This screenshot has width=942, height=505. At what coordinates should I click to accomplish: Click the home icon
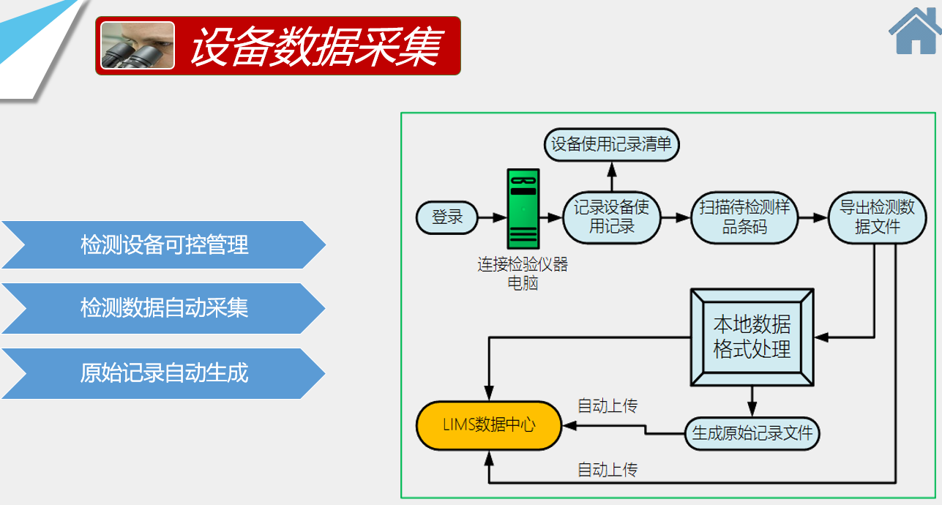pos(916,31)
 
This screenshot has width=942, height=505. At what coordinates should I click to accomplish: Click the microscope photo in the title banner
pos(138,45)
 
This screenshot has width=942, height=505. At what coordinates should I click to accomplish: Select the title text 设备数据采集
pos(316,46)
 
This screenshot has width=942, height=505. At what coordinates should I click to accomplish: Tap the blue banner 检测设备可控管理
pos(163,244)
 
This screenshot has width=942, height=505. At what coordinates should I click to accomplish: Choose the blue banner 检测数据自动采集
pos(163,308)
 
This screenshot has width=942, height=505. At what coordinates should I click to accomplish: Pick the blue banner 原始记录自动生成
pos(163,373)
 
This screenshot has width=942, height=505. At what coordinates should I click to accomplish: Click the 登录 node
pos(447,217)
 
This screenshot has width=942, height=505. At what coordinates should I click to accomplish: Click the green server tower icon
pos(523,209)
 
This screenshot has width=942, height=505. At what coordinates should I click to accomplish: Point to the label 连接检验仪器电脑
pos(523,273)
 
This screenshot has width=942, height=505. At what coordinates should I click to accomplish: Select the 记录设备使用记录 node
pos(612,217)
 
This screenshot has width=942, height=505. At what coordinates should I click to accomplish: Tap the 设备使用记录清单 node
pos(611,145)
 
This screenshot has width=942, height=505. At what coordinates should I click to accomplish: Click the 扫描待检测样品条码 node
pos(744,217)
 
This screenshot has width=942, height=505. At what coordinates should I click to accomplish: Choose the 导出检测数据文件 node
pos(878,217)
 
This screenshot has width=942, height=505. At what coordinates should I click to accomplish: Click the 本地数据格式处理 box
pos(752,337)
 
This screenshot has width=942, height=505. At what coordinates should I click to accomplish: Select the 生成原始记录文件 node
pos(752,433)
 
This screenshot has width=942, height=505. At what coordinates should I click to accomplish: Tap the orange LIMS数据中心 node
pos(489,425)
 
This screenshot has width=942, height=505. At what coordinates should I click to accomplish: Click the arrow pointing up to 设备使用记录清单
pos(612,176)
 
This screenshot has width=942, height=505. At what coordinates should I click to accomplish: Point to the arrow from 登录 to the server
pos(493,217)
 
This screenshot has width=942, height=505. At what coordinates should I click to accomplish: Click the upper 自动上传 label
pos(608,405)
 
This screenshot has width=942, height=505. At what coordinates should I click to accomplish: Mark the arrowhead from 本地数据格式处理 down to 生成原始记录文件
pos(752,408)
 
